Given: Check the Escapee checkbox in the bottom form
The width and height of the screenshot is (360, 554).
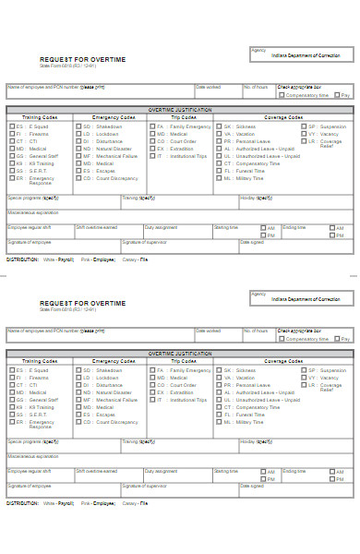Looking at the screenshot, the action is click(x=78, y=415).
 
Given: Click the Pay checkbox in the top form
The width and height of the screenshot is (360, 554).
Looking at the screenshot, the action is click(x=338, y=94).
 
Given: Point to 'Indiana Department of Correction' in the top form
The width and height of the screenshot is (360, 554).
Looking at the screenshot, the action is click(x=305, y=55).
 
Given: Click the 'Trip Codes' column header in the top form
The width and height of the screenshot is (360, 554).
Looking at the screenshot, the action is click(x=184, y=117).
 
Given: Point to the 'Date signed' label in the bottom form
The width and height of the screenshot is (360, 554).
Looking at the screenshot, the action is click(x=251, y=486).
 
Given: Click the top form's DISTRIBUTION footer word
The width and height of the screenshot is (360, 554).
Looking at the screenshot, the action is click(x=22, y=259).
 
